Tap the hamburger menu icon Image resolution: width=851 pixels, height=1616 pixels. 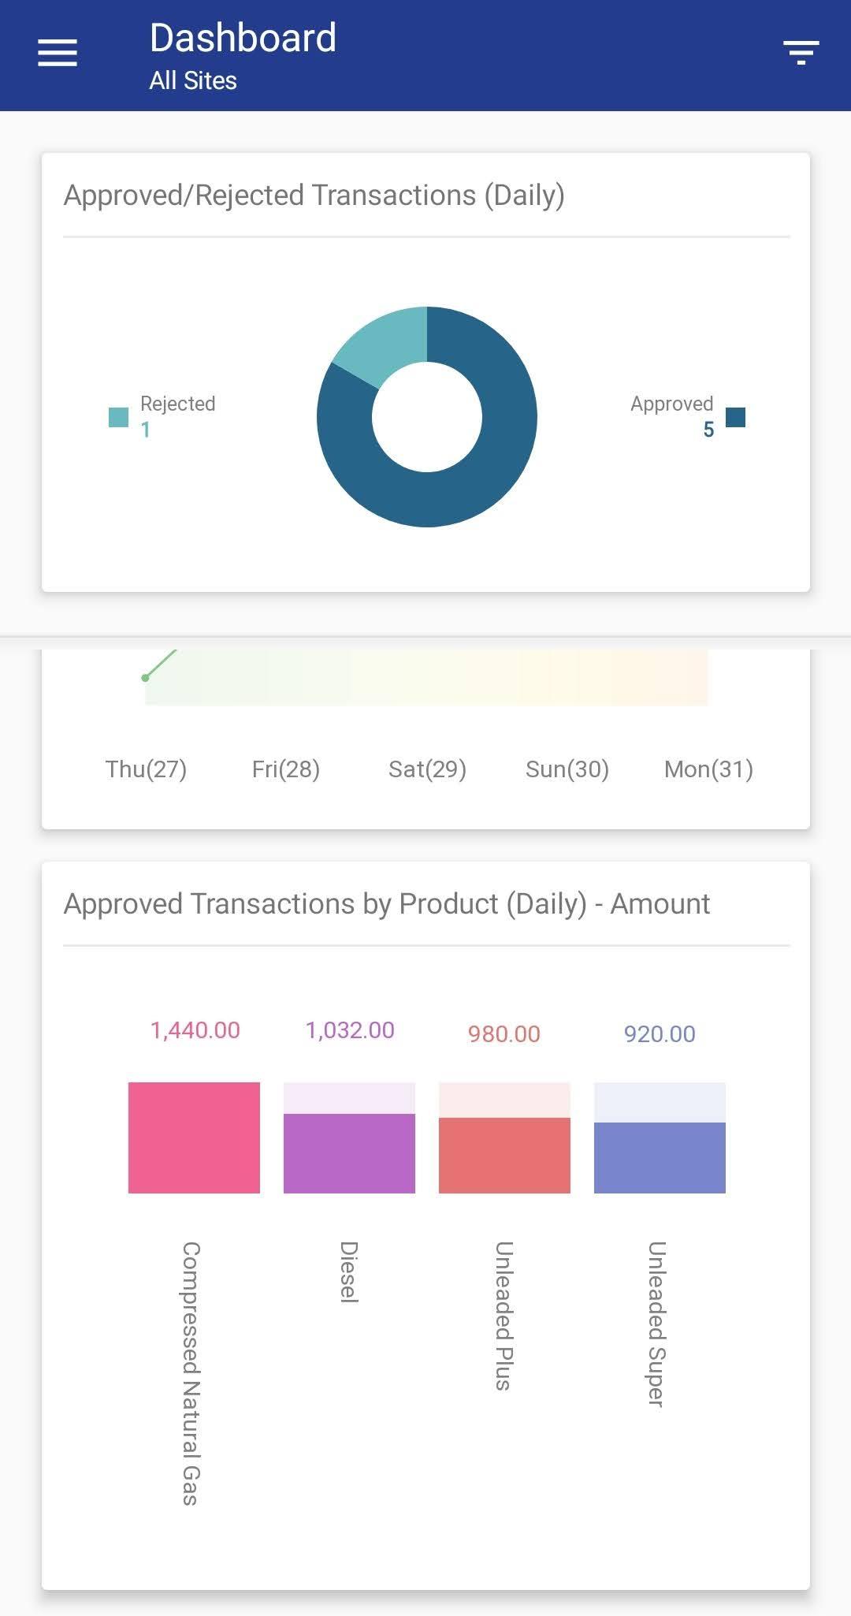[58, 53]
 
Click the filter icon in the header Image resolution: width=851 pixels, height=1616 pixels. [801, 52]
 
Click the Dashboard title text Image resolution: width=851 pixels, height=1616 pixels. [243, 38]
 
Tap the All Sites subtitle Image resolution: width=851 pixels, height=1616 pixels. [193, 80]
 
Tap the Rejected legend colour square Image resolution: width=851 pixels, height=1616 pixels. [118, 417]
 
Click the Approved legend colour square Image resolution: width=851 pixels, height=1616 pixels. [735, 417]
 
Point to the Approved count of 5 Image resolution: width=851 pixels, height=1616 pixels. [708, 430]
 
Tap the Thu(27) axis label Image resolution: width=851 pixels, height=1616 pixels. [146, 769]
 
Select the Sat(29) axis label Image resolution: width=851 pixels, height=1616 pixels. [427, 769]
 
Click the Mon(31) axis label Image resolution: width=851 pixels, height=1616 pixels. [708, 769]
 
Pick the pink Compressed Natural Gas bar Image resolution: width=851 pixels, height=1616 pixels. [194, 1138]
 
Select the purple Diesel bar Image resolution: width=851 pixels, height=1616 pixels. [349, 1153]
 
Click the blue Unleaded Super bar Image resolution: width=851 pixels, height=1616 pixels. [660, 1157]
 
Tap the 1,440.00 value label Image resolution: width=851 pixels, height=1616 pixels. [195, 1030]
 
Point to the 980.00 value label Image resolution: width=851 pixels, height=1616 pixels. [504, 1034]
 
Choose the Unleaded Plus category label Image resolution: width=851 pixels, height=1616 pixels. [504, 1315]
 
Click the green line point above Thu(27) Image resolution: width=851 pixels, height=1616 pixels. [145, 677]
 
